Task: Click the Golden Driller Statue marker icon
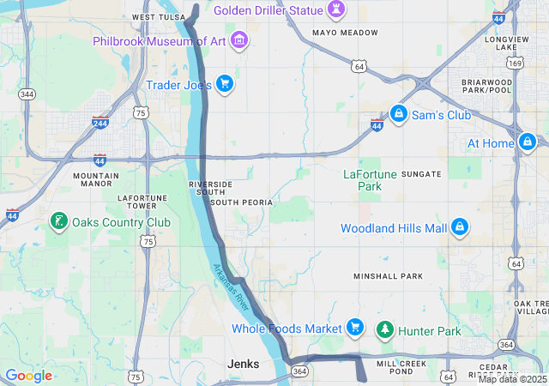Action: point(337,10)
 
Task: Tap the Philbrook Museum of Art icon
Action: point(239,40)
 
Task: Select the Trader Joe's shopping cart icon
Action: point(224,83)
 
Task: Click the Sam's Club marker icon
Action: point(398,113)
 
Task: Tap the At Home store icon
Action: point(527,142)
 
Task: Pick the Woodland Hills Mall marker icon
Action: point(460,227)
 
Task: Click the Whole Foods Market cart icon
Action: point(354,328)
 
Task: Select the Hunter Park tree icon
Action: point(385,329)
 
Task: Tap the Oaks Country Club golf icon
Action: point(58,221)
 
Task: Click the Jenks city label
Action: point(243,364)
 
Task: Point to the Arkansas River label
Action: point(231,287)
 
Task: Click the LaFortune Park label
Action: point(370,179)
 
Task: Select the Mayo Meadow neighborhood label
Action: point(345,33)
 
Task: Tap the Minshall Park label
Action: point(389,276)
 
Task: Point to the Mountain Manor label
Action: point(96,179)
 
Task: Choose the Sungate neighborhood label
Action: point(421,174)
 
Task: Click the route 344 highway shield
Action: point(27,93)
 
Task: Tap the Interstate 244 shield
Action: point(100,123)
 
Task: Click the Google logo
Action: point(28,376)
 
